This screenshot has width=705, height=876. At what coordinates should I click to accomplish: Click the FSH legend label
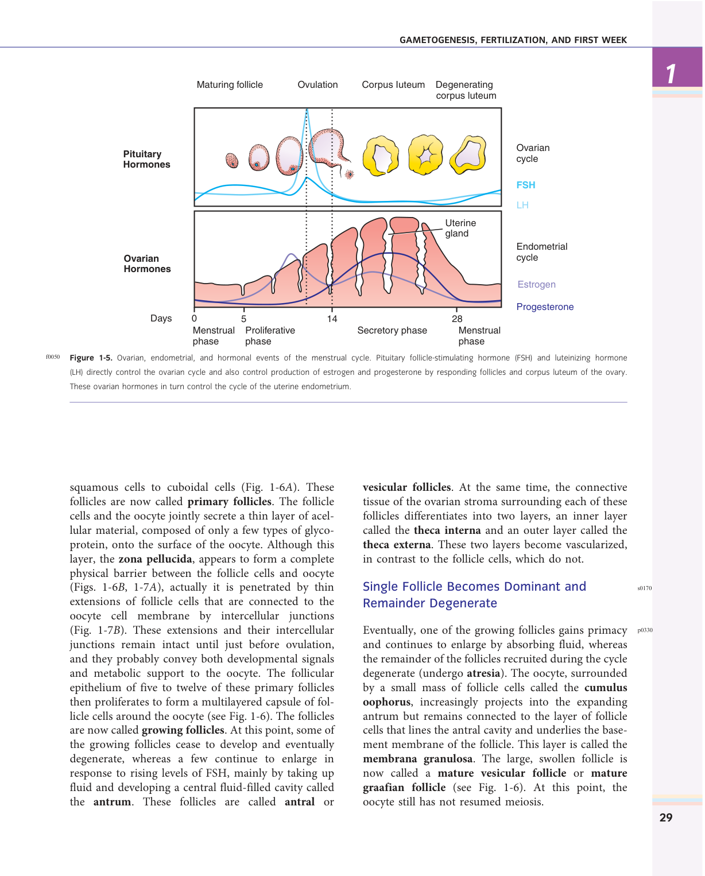(525, 185)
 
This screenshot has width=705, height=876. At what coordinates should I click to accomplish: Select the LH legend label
(522, 205)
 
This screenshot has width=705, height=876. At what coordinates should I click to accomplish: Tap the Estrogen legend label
(536, 284)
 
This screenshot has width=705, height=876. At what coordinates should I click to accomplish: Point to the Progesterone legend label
(545, 307)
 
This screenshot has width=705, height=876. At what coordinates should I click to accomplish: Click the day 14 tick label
(332, 319)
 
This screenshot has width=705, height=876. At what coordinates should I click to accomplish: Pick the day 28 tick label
(457, 319)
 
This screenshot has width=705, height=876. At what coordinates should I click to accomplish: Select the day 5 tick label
(244, 319)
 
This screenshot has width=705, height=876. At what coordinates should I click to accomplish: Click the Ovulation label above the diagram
(317, 84)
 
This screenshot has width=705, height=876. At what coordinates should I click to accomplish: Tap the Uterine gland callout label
(460, 228)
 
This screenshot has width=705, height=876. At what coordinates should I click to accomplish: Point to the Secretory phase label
(392, 330)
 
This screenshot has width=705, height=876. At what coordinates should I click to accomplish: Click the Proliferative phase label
(270, 336)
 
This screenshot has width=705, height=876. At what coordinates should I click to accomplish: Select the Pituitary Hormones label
(146, 159)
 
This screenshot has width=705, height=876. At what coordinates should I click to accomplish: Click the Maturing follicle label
(230, 84)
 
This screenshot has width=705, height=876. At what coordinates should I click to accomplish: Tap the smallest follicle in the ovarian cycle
(232, 160)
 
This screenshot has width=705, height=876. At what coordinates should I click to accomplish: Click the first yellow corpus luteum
(381, 156)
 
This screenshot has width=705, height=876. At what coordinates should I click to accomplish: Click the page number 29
(666, 817)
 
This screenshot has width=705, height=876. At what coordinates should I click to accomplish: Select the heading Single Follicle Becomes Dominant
(474, 594)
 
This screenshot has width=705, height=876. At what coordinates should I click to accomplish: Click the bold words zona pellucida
(155, 559)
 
